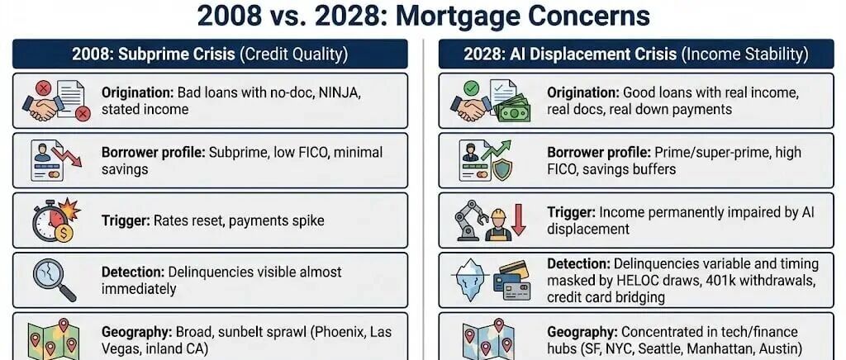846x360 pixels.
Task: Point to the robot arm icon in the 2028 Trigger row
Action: coord(470,220)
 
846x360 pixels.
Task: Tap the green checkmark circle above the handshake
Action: coord(471,88)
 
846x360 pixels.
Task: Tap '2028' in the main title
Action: coord(346,17)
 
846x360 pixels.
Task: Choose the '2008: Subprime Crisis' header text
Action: coord(154,54)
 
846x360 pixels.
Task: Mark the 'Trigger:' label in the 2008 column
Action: coord(126,220)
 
